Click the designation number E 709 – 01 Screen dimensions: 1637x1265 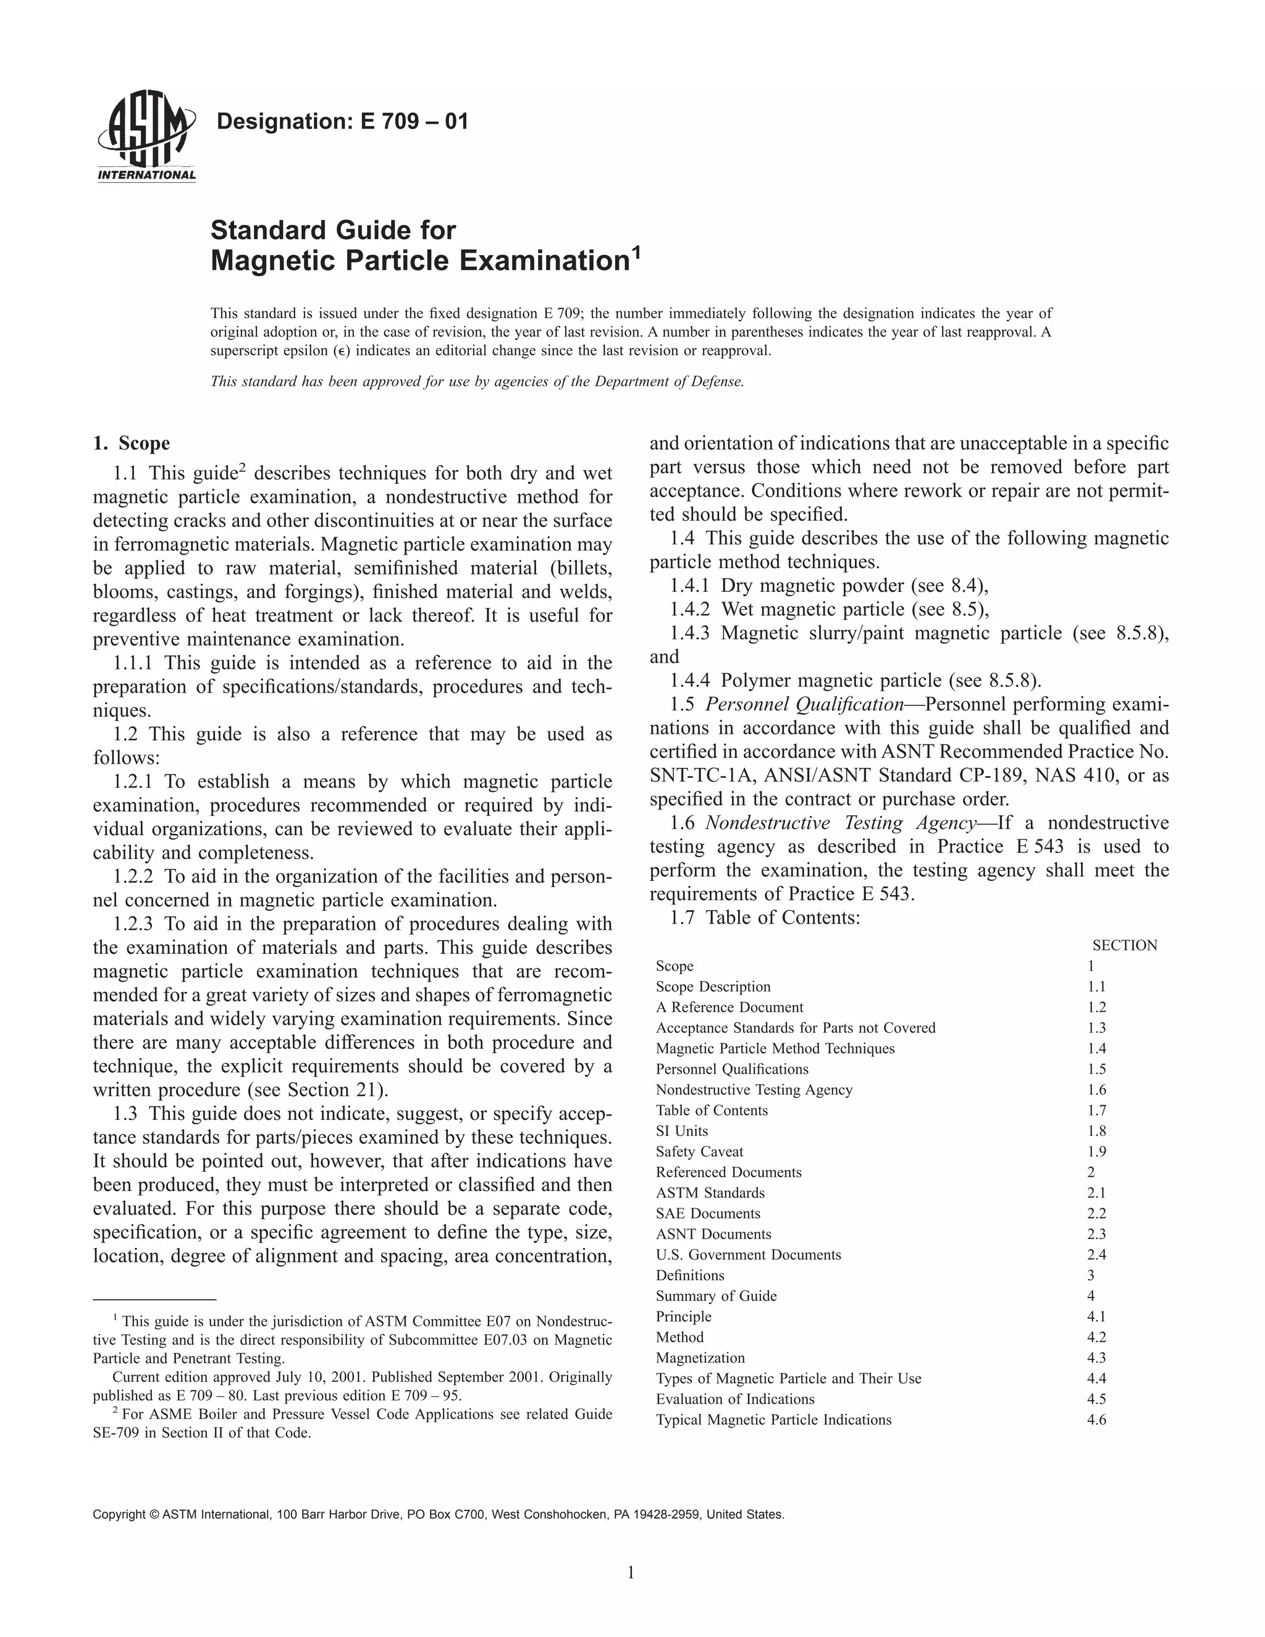pos(414,122)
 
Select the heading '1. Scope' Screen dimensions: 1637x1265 pos(132,444)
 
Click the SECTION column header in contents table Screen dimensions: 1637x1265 pos(1124,945)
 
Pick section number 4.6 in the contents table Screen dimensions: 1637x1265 pos(1096,1420)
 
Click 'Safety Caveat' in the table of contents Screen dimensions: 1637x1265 pos(699,1151)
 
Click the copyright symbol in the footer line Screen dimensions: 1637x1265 pos(155,1515)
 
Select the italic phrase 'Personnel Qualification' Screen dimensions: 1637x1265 pos(805,705)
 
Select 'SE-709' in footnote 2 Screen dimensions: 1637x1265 pos(116,1433)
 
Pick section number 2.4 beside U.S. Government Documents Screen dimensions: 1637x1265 pos(1096,1255)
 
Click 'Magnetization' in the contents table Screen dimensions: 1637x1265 pos(700,1357)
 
